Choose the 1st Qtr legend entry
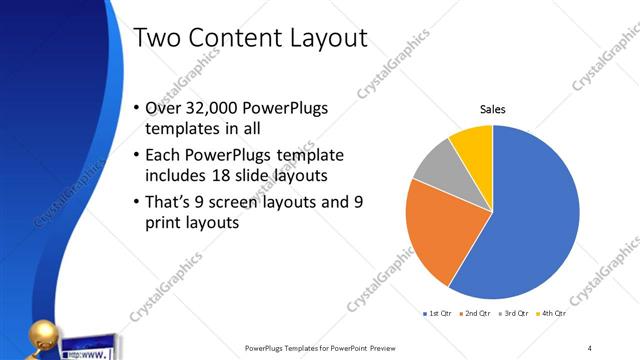437,314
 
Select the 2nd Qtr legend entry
474,314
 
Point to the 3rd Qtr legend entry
512,314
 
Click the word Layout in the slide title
322,38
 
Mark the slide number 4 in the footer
589,347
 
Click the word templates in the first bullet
181,130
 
